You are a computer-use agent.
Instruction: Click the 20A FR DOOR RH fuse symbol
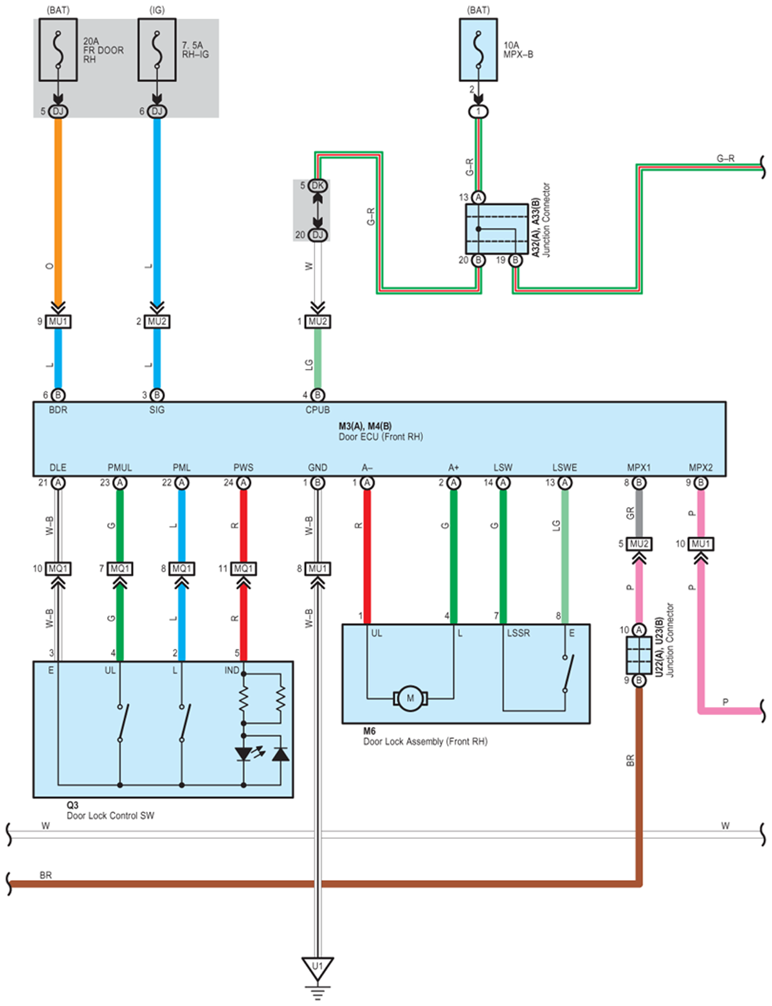tap(58, 50)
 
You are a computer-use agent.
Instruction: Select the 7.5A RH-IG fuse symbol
tap(157, 50)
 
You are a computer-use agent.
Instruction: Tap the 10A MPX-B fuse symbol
tap(479, 50)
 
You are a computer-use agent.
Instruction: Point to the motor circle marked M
tap(411, 698)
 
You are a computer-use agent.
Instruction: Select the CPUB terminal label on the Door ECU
tap(318, 410)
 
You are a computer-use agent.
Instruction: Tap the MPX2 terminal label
tap(701, 468)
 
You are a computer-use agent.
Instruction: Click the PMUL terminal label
tap(120, 468)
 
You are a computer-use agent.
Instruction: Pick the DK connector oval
tap(318, 186)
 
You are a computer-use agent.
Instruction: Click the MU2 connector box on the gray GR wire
tap(639, 544)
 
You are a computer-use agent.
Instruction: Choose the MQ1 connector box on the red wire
tap(244, 569)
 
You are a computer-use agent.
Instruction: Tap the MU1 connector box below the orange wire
tap(58, 321)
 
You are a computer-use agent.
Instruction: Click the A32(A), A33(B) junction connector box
tap(497, 229)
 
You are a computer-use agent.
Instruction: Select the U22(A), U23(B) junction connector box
tap(639, 655)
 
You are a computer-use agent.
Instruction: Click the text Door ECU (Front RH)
tap(381, 437)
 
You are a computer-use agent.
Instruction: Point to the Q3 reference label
tap(73, 805)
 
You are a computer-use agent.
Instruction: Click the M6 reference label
tap(369, 731)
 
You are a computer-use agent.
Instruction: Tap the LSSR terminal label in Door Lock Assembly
tap(518, 633)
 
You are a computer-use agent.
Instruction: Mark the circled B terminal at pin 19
tap(515, 260)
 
